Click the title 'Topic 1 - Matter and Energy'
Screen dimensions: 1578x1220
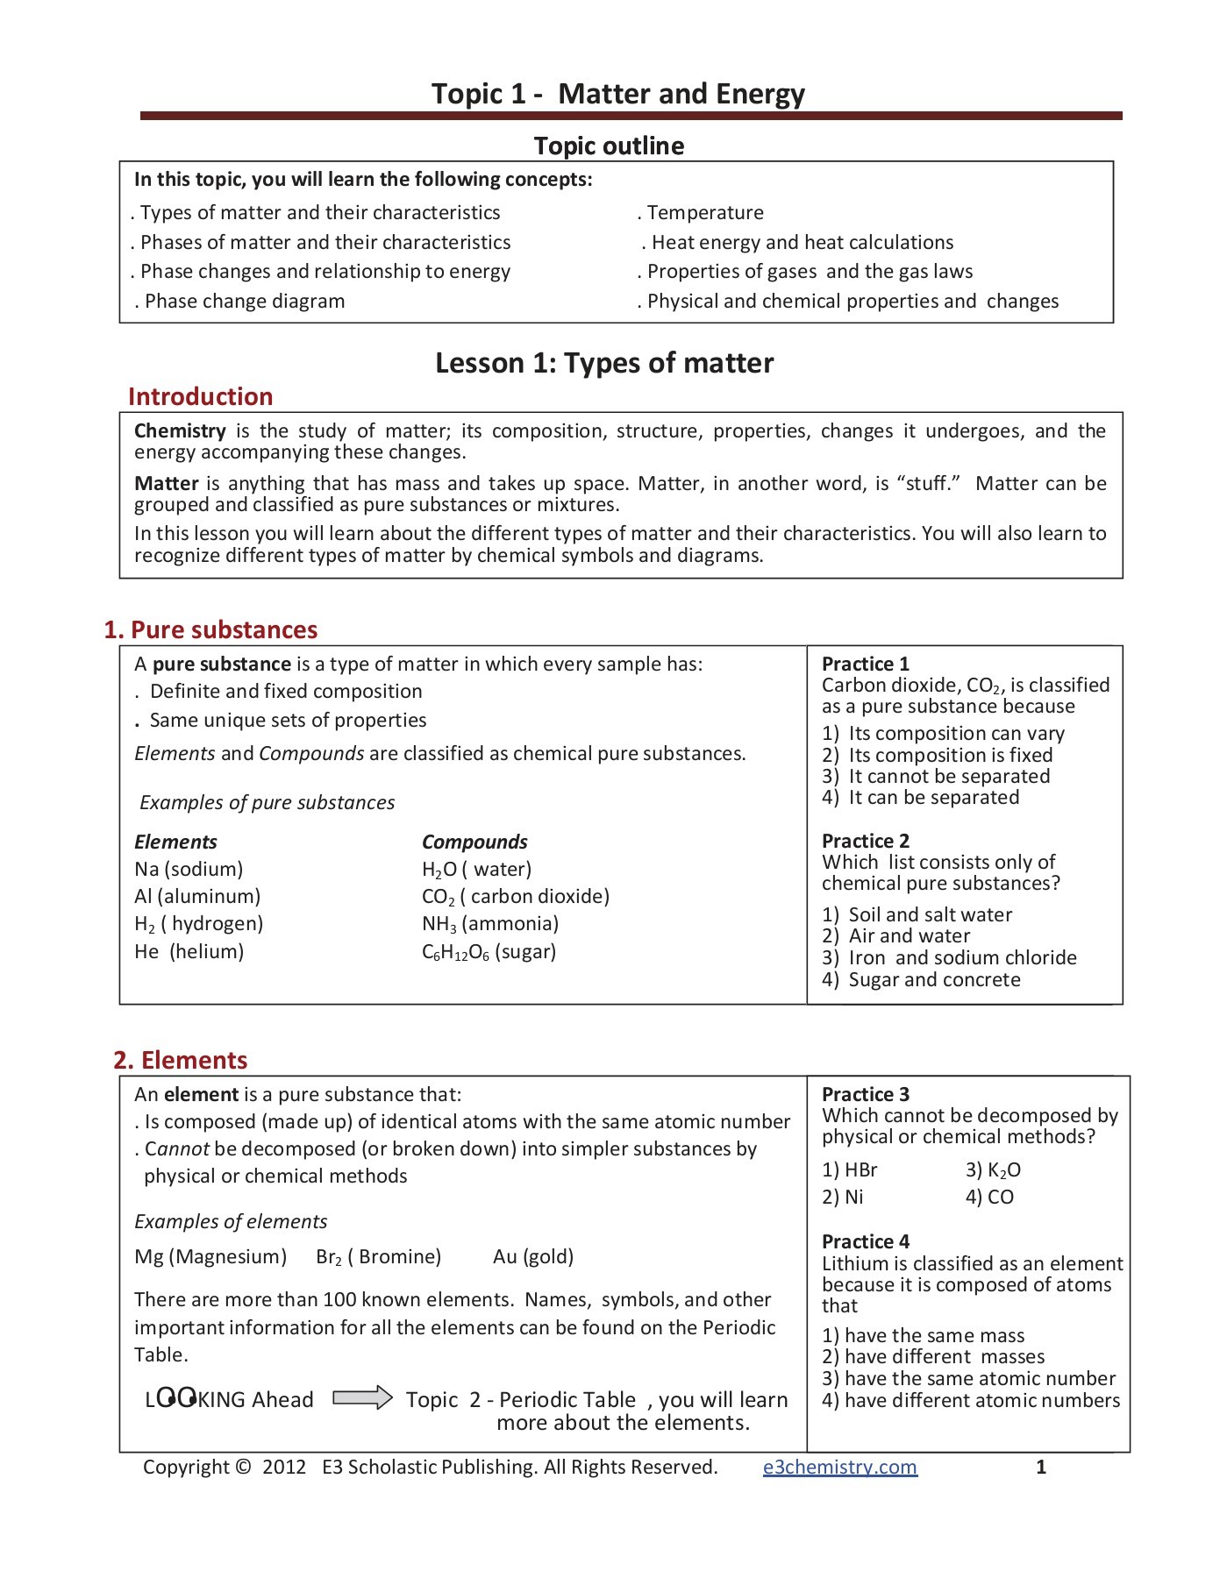coord(617,94)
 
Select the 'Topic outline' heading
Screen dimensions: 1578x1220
coord(609,146)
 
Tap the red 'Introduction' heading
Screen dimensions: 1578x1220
coord(200,396)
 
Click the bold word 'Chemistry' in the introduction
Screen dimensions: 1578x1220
coord(180,430)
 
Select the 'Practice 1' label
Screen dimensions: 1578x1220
coord(865,664)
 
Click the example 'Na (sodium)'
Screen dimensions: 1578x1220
coord(189,869)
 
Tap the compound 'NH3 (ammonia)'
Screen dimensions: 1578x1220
coord(489,923)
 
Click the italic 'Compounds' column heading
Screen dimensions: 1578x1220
coord(474,842)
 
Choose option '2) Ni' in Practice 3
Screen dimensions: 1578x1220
coord(843,1197)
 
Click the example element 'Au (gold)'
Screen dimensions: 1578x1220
coord(532,1256)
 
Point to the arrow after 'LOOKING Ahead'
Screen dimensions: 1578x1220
coord(363,1397)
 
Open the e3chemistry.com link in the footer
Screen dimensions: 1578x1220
coord(839,1467)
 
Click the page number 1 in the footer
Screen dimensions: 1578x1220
coord(1040,1467)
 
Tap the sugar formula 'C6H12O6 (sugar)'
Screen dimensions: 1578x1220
coord(489,951)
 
